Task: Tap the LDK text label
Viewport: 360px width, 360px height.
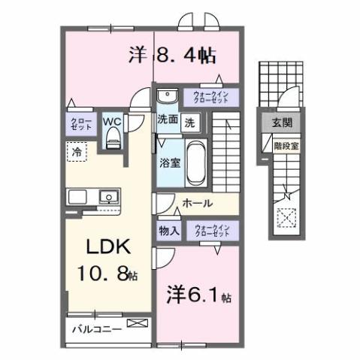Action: click(x=102, y=247)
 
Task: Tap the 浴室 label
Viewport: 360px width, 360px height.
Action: click(x=168, y=162)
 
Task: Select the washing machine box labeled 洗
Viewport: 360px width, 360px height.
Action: click(x=191, y=119)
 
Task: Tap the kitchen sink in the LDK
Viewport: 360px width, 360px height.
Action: click(x=109, y=198)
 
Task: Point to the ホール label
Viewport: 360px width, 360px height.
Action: click(x=197, y=203)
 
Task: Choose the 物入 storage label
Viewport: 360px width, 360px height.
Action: click(x=168, y=231)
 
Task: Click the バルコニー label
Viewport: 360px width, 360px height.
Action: click(x=97, y=328)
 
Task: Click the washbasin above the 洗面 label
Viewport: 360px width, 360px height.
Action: click(x=166, y=95)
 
